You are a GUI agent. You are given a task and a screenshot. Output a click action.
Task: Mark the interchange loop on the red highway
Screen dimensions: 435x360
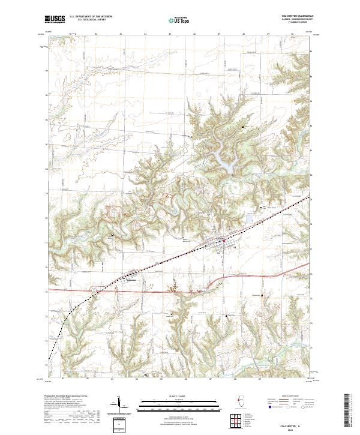coord(94,290)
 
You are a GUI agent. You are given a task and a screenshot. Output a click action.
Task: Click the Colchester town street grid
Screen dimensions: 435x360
coord(215,242)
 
